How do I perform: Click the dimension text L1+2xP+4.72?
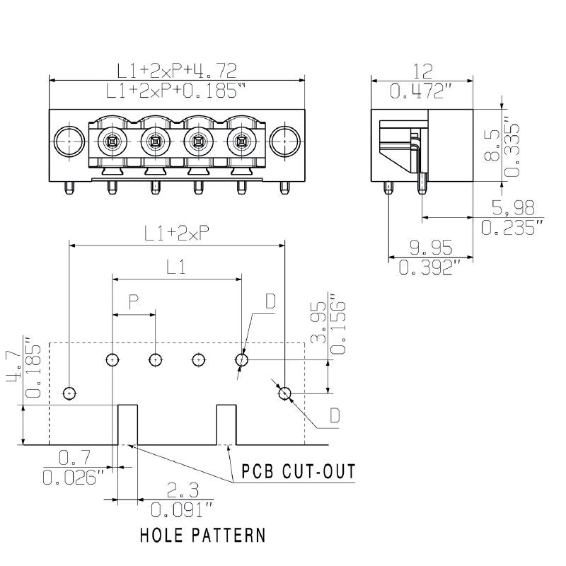tap(177, 70)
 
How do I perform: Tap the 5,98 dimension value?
tap(508, 207)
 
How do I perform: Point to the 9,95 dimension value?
tap(431, 247)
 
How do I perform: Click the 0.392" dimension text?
tap(431, 267)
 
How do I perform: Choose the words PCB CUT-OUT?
tap(298, 471)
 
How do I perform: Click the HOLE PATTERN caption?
tap(203, 534)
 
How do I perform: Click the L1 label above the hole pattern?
tap(176, 267)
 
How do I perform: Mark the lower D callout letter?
tap(334, 415)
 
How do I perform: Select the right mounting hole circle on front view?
tap(285, 141)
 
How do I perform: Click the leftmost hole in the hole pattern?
tap(69, 393)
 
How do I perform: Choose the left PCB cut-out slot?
tap(127, 424)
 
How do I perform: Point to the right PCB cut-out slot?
tap(226, 424)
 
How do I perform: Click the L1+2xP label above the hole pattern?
tap(176, 234)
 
